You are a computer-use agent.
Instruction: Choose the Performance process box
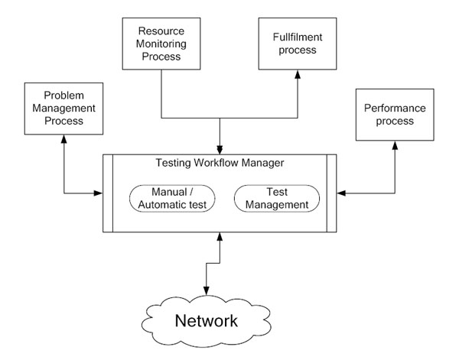pyautogui.click(x=395, y=115)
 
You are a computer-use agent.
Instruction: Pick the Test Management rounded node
pyautogui.click(x=276, y=198)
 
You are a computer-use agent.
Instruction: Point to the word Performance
pyautogui.click(x=395, y=109)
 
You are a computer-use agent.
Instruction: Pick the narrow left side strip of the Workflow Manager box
pyautogui.click(x=108, y=193)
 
